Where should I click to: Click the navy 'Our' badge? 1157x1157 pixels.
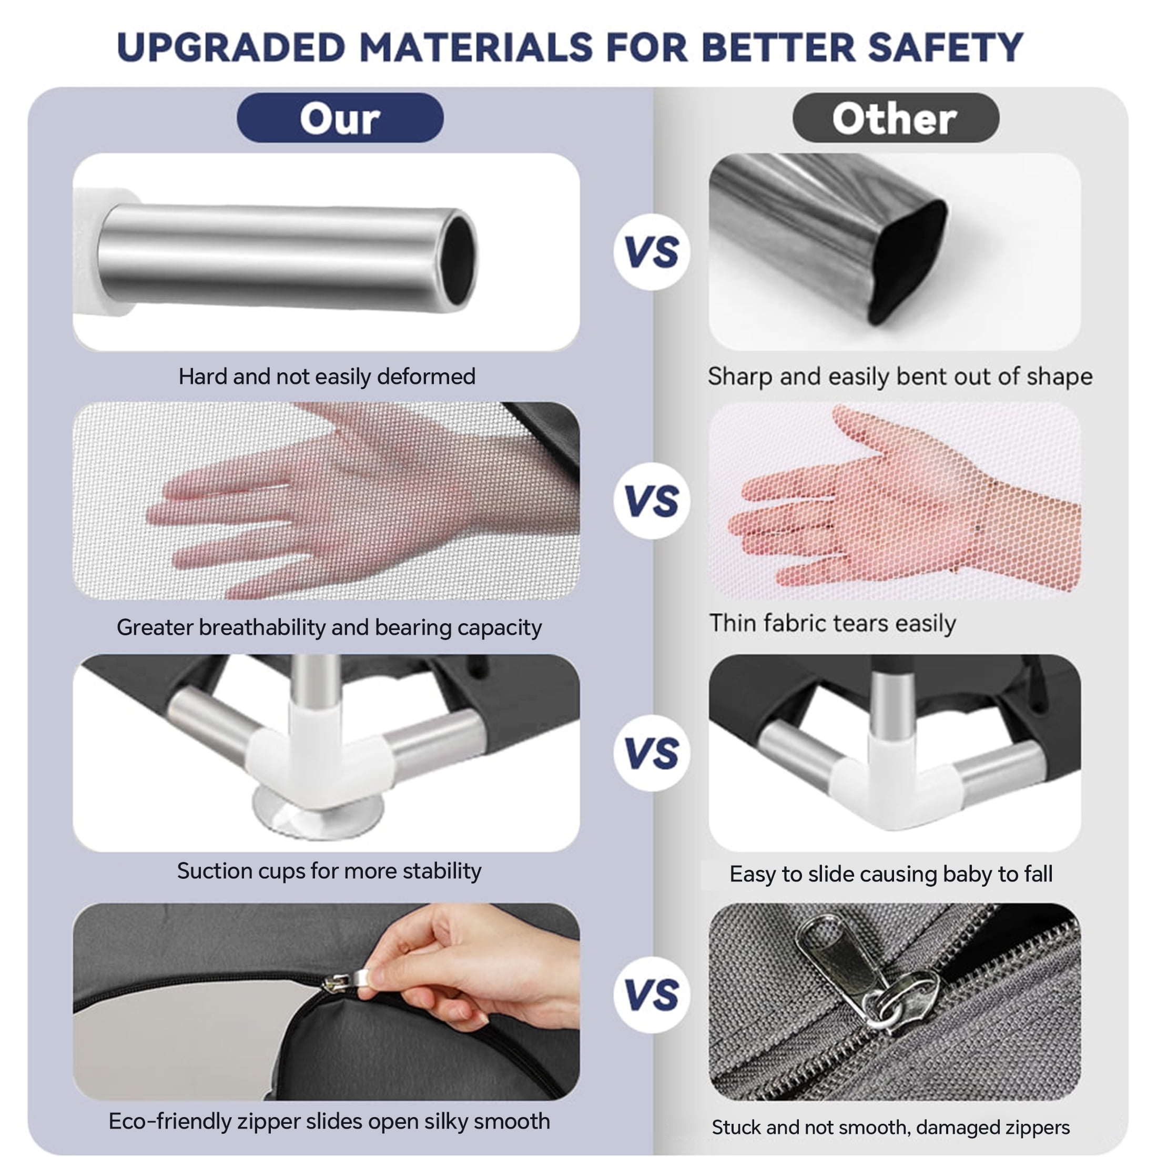pos(340,117)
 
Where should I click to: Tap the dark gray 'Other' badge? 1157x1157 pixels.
pos(896,117)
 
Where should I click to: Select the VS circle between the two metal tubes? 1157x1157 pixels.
pos(652,251)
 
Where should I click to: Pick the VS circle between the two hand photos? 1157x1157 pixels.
pos(652,501)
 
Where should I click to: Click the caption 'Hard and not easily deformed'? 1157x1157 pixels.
pos(327,377)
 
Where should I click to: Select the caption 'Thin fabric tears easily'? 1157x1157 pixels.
pos(833,623)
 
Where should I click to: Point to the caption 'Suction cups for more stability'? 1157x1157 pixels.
pos(329,871)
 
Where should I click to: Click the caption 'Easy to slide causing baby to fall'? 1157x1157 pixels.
pos(891,875)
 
